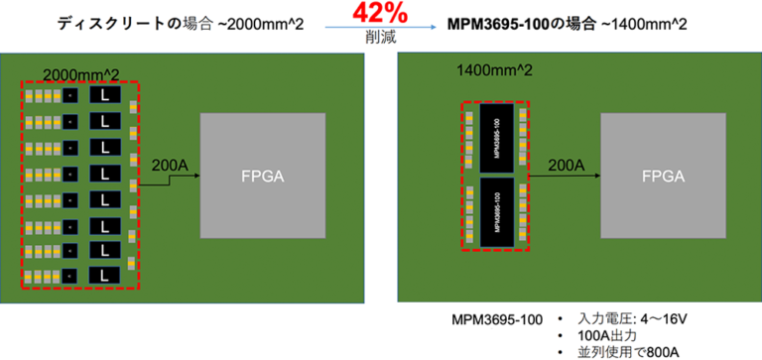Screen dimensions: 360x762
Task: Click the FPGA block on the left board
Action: click(x=264, y=177)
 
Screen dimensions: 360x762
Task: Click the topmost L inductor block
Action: click(x=105, y=96)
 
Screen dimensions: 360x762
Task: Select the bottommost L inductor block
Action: click(x=105, y=273)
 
